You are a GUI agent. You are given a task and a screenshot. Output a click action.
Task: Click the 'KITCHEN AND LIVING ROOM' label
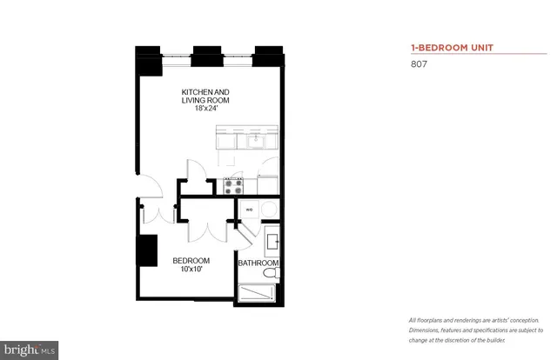click(205, 96)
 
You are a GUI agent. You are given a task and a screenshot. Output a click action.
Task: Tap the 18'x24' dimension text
click(205, 110)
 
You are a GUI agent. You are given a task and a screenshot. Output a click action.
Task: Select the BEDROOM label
click(191, 261)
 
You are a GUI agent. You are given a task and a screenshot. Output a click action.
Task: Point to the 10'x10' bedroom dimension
click(191, 270)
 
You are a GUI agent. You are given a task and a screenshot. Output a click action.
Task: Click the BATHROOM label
click(258, 263)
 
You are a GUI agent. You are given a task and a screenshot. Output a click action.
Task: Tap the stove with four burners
click(233, 183)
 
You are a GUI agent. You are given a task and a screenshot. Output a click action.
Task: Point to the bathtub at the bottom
click(258, 293)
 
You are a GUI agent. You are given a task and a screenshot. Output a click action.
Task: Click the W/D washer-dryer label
click(248, 210)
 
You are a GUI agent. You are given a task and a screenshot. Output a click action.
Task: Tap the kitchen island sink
click(255, 140)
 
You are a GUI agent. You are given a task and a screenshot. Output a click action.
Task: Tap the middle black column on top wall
click(205, 54)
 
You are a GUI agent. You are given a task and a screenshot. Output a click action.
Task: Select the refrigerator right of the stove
click(267, 183)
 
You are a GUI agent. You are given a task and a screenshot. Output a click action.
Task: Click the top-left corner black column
click(145, 56)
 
